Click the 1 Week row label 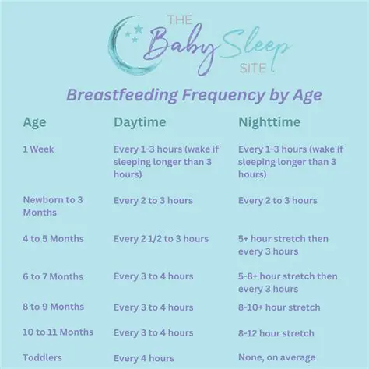(38, 149)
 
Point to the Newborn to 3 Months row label (52, 206)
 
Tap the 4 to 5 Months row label (53, 239)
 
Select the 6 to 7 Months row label (53, 276)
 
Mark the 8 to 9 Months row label (53, 307)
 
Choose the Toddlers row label (42, 358)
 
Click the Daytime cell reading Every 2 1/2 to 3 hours (161, 239)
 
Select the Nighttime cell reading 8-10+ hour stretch (279, 307)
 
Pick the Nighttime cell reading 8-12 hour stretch (276, 333)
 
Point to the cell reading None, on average (277, 358)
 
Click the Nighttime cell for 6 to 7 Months (287, 282)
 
